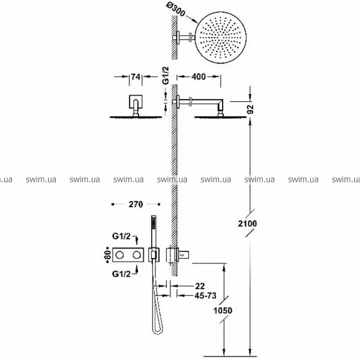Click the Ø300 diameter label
[176, 10]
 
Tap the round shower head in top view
[221, 37]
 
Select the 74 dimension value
[136, 77]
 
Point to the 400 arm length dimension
[199, 77]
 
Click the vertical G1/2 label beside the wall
[166, 76]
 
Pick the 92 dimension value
[250, 109]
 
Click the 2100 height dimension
[247, 223]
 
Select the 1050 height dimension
[223, 311]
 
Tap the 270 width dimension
[136, 205]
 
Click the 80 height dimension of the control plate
[108, 255]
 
